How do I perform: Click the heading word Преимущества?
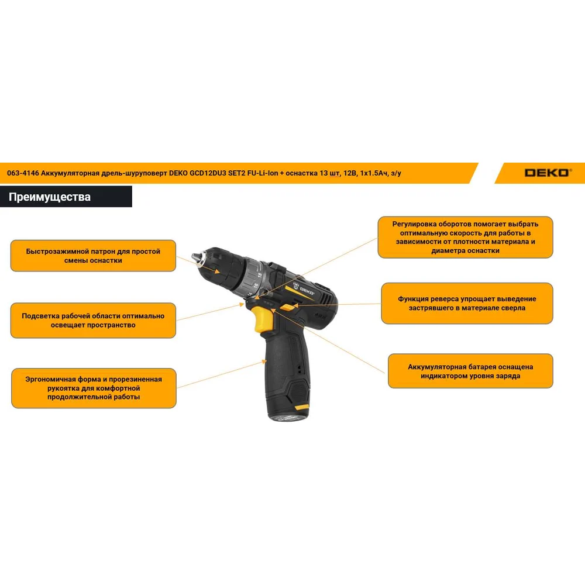coord(50,197)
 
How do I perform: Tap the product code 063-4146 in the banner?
coord(23,173)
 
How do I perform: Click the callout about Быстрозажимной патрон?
coord(93,256)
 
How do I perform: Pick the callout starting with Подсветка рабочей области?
coord(93,321)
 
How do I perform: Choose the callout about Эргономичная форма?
coord(94,388)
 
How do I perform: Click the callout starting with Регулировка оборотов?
coord(465,238)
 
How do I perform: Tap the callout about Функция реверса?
coord(467,303)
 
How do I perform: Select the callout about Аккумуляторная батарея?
coord(470,371)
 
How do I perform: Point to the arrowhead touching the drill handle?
coord(264,361)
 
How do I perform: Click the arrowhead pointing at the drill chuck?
coord(217,271)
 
